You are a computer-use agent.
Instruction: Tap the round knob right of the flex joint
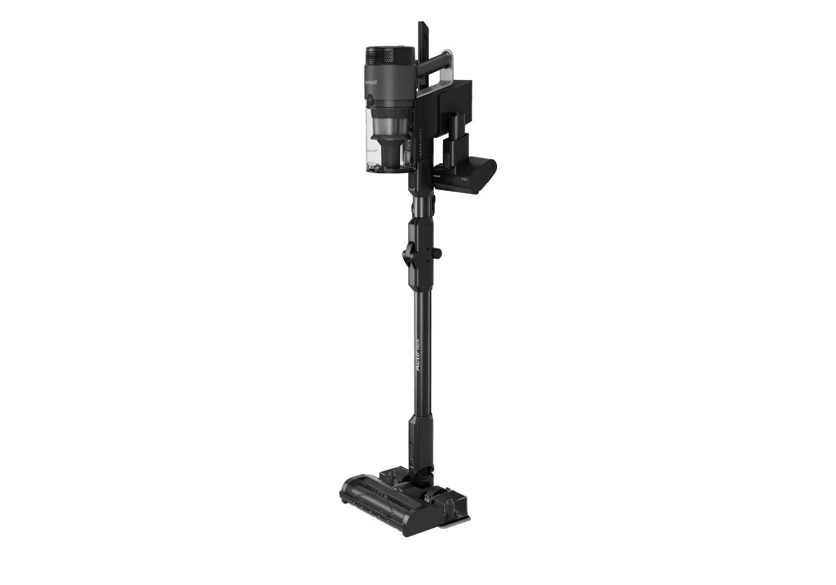click(x=438, y=252)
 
